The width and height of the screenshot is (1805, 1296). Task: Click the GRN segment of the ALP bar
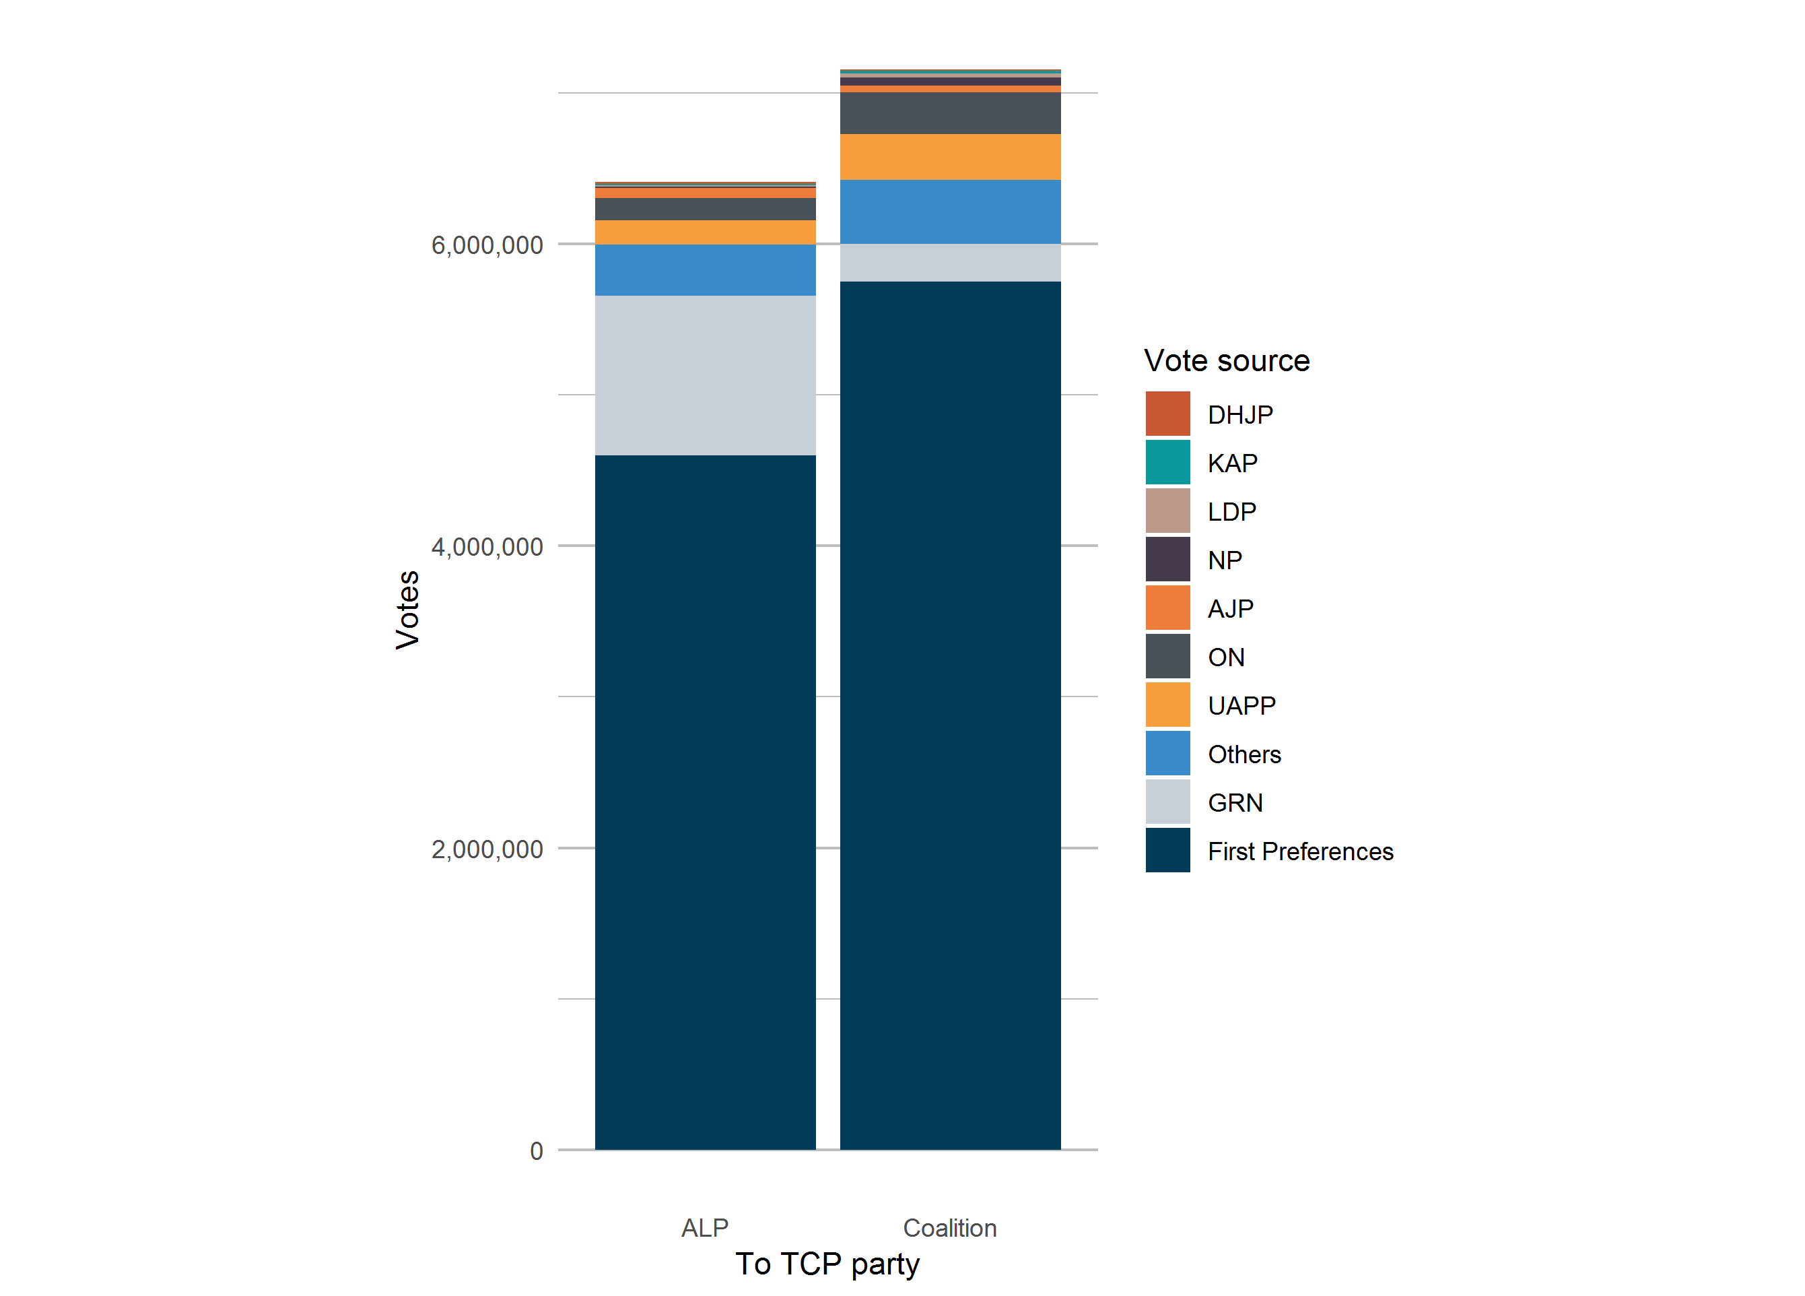click(x=705, y=376)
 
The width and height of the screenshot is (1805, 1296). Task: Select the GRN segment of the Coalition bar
click(x=950, y=263)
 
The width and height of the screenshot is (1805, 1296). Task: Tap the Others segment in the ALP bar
click(x=705, y=270)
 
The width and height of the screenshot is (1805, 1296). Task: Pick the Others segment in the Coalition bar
click(x=950, y=212)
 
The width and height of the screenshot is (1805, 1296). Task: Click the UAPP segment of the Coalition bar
click(x=950, y=157)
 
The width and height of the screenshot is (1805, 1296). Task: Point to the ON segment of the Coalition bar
click(x=950, y=113)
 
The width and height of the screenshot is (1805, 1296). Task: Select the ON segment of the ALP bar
click(x=705, y=209)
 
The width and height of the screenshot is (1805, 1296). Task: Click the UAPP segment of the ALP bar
click(x=705, y=232)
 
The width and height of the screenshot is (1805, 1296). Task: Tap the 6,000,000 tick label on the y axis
click(x=487, y=245)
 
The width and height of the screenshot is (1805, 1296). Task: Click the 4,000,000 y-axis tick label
click(x=487, y=547)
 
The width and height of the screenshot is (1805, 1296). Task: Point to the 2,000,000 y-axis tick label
click(x=487, y=849)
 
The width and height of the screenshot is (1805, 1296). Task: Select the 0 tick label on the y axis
click(x=537, y=1151)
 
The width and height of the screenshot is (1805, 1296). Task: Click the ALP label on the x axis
click(x=705, y=1229)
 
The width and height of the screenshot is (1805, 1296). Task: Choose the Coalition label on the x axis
click(x=950, y=1229)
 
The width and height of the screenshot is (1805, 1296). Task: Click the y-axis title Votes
click(x=407, y=610)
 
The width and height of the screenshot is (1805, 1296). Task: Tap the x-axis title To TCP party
click(x=827, y=1264)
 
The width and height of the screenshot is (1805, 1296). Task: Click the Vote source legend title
click(x=1227, y=360)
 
